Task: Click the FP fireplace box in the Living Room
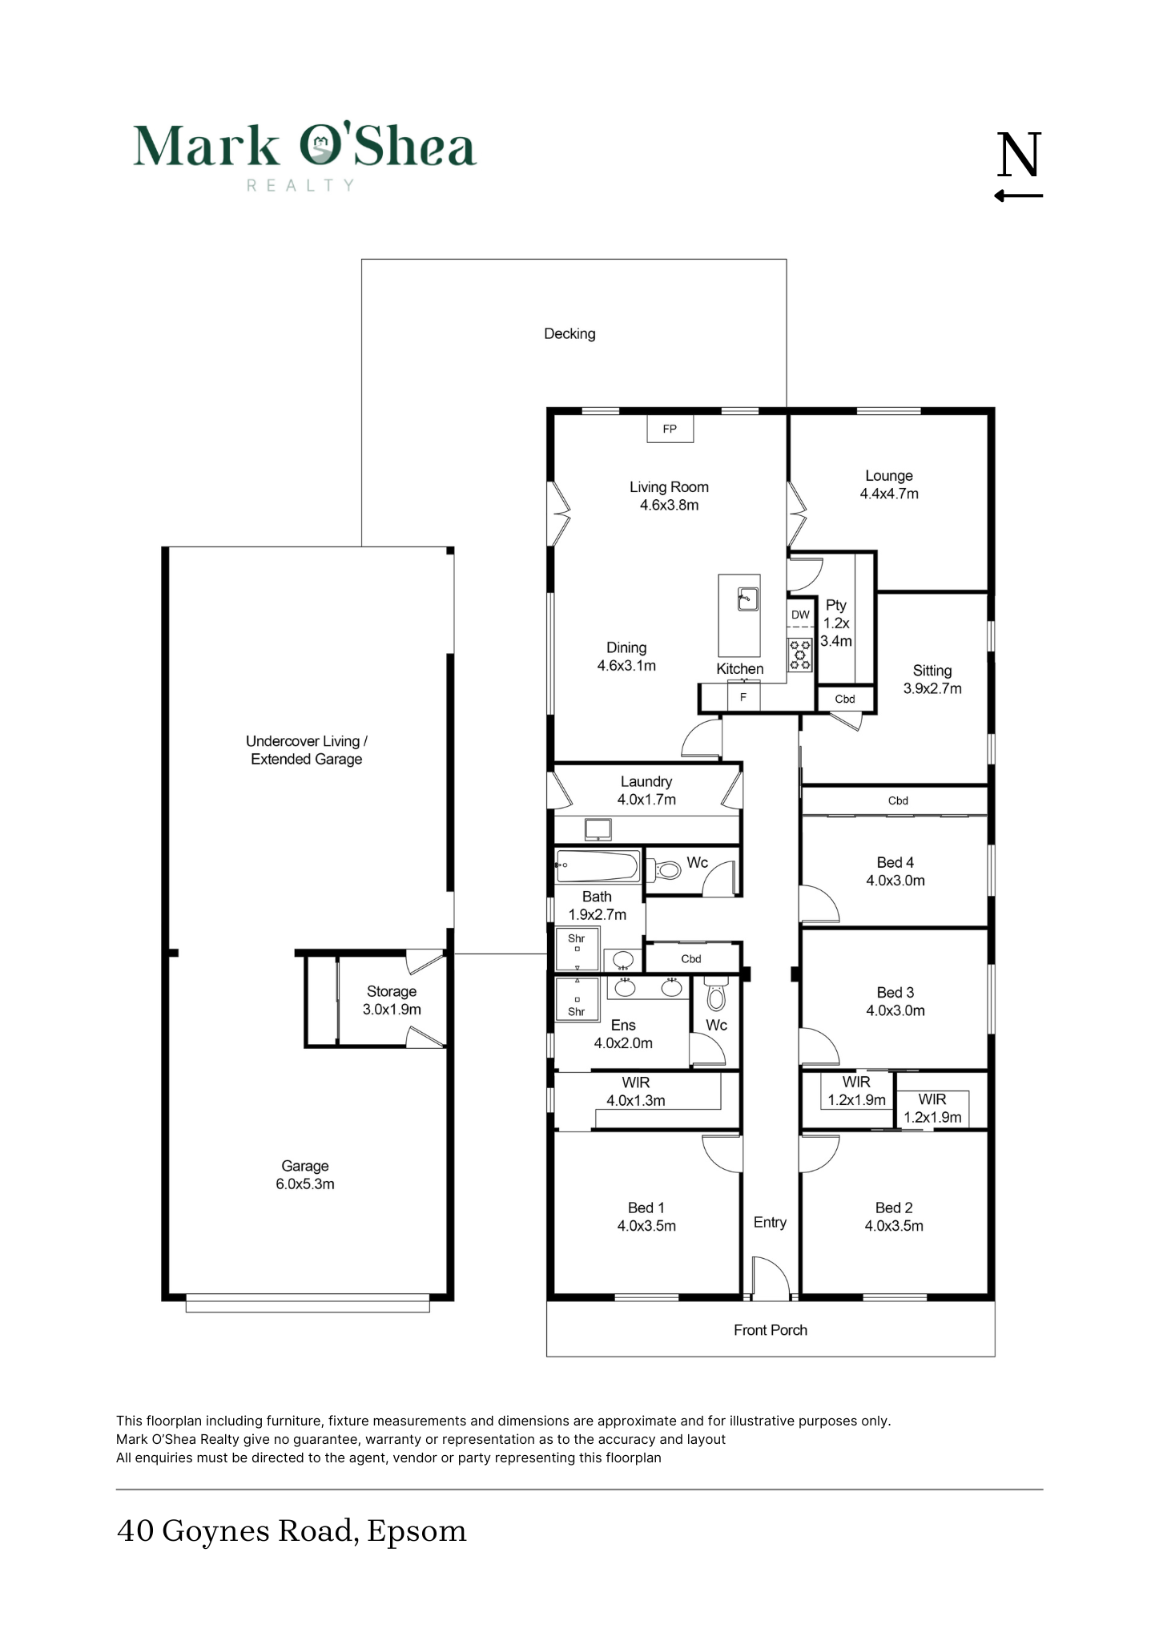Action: (x=670, y=429)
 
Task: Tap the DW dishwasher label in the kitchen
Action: (x=800, y=615)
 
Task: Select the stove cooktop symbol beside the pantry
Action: (x=799, y=654)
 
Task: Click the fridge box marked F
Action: (x=743, y=697)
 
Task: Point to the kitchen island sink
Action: (x=747, y=599)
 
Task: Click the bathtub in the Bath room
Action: (x=598, y=866)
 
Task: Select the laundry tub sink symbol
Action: (x=598, y=829)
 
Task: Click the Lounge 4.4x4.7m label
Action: (x=889, y=485)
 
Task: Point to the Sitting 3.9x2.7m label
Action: (x=932, y=679)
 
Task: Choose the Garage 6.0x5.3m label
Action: (x=305, y=1175)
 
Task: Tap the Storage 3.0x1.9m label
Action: (x=392, y=1000)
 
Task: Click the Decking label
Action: (x=569, y=334)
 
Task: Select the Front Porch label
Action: (x=771, y=1330)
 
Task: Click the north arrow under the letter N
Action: (x=1019, y=195)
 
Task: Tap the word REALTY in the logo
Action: (x=300, y=186)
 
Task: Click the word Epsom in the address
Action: (x=417, y=1531)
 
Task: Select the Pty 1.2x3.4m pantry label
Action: (x=836, y=623)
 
